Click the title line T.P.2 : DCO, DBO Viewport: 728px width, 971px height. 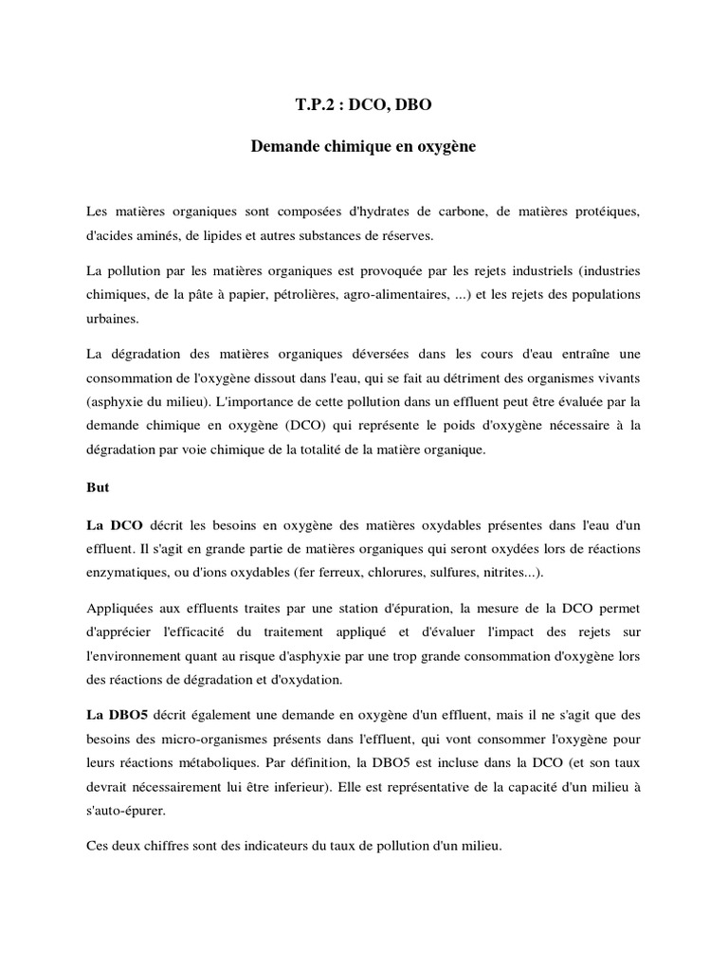click(364, 107)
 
